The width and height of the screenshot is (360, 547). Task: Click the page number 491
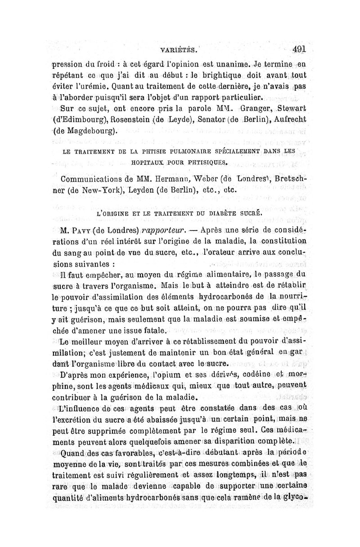[x=299, y=50]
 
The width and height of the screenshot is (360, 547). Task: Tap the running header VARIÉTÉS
[x=180, y=51]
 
